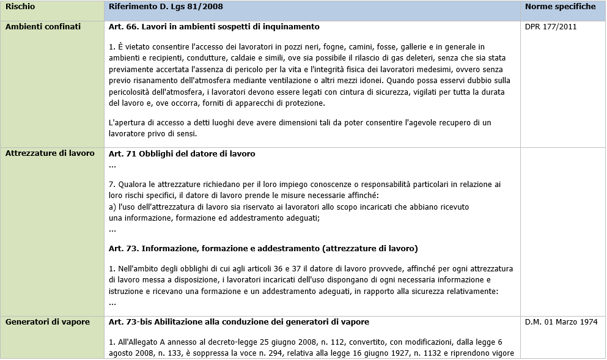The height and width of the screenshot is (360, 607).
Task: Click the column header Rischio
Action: (x=20, y=7)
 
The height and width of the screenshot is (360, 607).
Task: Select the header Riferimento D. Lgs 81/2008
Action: (x=166, y=7)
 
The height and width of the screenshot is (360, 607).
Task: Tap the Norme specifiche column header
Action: (x=560, y=7)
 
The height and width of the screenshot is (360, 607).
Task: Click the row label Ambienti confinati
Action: (x=43, y=27)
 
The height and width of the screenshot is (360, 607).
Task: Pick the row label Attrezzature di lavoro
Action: (x=50, y=153)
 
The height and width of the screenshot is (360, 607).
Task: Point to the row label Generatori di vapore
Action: (x=47, y=321)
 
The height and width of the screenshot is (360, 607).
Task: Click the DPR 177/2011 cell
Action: (x=551, y=27)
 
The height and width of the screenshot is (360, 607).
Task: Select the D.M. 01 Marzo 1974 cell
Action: (x=561, y=321)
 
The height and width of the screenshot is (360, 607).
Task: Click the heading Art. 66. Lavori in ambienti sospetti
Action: (x=214, y=27)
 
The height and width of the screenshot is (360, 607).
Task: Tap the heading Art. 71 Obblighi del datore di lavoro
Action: (x=182, y=153)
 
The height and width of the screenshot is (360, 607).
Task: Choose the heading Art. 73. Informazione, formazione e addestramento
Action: (x=263, y=248)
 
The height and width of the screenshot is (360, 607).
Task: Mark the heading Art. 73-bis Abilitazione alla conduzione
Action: (x=238, y=321)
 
